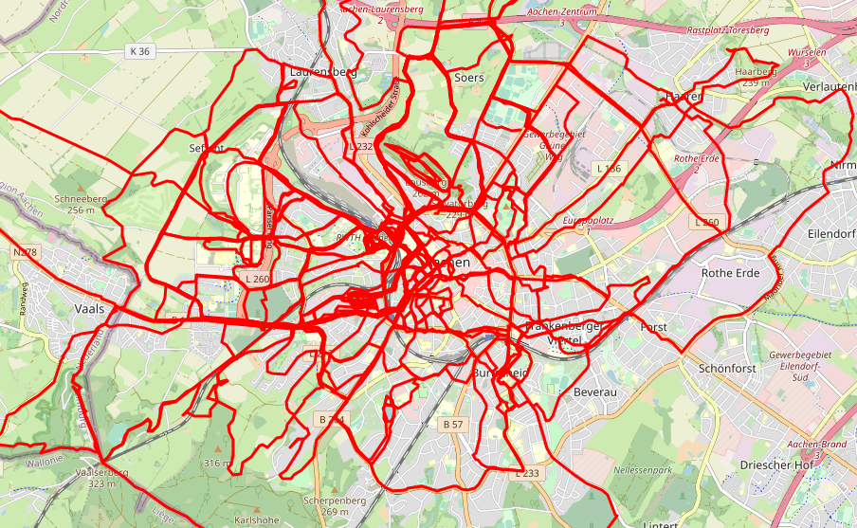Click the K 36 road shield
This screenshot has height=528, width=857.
click(x=138, y=51)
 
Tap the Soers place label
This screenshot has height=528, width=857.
click(x=469, y=78)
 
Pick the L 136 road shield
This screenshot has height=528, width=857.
click(x=608, y=168)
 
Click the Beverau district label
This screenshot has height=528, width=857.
click(x=596, y=391)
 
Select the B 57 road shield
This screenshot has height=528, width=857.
click(x=453, y=424)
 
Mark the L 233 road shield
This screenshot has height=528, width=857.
click(x=528, y=473)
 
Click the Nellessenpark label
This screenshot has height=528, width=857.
click(x=643, y=470)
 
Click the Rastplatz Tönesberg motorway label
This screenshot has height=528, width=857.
click(x=728, y=31)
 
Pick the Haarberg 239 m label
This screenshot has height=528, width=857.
click(x=756, y=77)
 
